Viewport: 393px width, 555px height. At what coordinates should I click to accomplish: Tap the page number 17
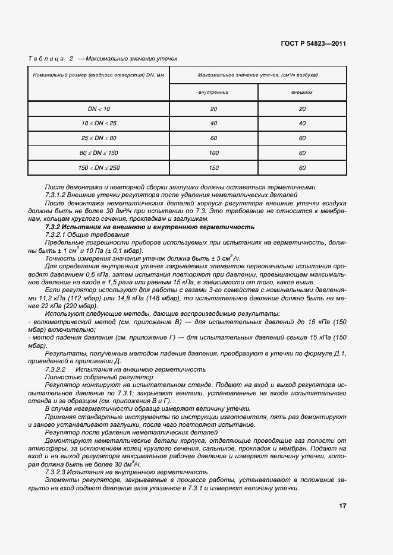[342, 506]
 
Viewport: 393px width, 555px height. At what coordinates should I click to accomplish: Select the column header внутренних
[213, 93]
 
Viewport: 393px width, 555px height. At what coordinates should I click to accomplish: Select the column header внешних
[302, 93]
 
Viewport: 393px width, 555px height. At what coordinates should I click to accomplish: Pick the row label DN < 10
[99, 109]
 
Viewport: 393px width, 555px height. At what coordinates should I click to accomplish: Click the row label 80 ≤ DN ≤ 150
[99, 153]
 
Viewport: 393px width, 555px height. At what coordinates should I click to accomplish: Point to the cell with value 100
[213, 153]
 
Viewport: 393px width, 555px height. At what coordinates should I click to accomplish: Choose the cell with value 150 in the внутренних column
[213, 168]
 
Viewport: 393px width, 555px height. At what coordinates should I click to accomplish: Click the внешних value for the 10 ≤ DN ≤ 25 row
[302, 123]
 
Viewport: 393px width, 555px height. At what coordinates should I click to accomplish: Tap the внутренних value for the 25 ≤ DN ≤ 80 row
[213, 138]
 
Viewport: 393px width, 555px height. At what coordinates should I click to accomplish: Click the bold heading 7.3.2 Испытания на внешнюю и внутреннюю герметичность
[150, 227]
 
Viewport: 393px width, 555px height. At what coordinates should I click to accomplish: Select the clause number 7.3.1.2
[58, 195]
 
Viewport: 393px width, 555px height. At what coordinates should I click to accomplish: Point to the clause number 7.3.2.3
[58, 472]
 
